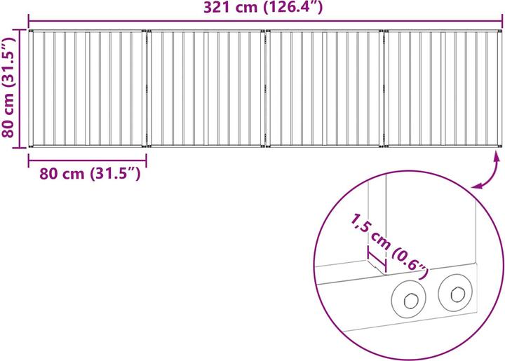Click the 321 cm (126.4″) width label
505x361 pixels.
point(263,7)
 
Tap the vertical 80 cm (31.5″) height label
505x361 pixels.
point(8,88)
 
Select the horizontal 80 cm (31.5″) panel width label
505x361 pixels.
point(90,174)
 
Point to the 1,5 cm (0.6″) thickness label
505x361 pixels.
point(390,246)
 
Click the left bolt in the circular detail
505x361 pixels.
point(409,299)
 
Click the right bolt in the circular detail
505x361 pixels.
point(455,293)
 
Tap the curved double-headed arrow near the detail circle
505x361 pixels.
point(489,173)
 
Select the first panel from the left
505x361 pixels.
point(87,88)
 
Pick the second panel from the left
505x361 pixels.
point(206,88)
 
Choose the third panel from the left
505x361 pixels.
point(325,88)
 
